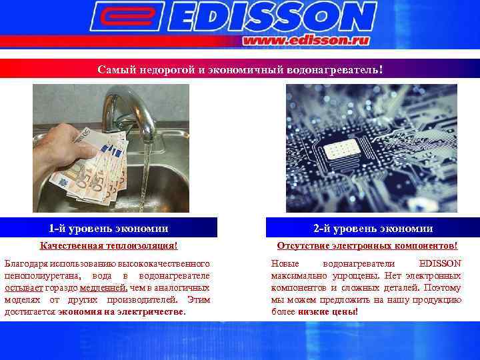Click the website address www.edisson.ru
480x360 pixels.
(307, 40)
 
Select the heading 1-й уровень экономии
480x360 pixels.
(108, 229)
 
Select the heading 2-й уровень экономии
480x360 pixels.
(373, 229)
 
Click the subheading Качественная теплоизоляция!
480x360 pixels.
(109, 247)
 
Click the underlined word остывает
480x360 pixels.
(23, 287)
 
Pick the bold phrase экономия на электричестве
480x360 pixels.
(121, 311)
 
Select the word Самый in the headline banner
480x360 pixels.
(111, 69)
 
